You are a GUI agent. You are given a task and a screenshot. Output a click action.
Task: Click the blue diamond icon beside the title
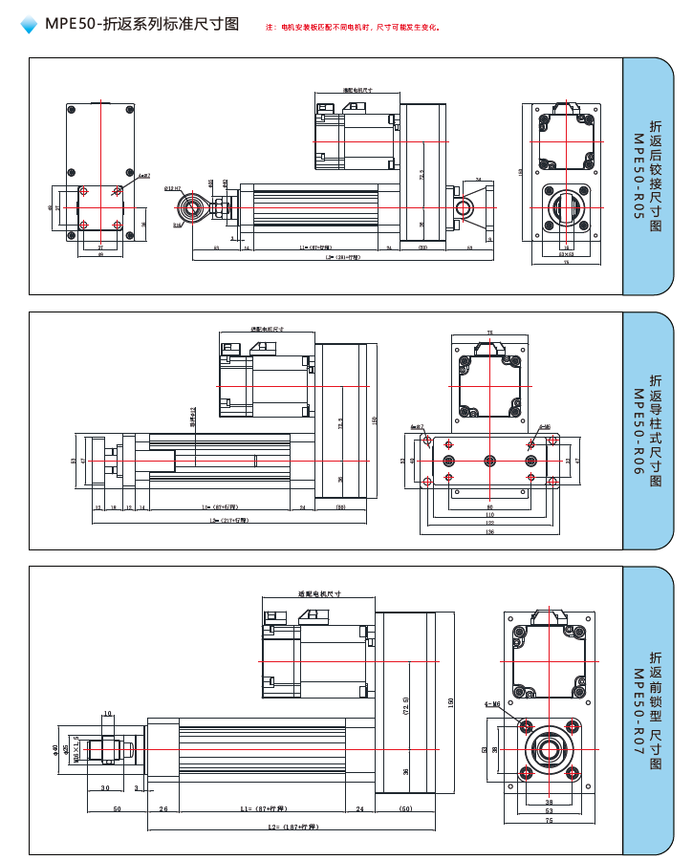pos(29,26)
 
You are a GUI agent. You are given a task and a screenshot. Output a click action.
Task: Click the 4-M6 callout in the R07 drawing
pos(493,704)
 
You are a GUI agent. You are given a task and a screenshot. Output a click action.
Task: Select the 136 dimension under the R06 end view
pos(489,532)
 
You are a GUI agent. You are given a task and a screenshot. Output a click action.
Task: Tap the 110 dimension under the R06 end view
pos(489,515)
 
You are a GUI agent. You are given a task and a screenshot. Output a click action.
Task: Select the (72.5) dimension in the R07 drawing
pos(406,709)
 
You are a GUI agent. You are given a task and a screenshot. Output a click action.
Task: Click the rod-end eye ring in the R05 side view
pos(194,207)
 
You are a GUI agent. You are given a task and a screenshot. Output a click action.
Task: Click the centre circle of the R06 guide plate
pos(489,461)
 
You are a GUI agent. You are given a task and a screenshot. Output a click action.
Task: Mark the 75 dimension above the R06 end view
pos(490,333)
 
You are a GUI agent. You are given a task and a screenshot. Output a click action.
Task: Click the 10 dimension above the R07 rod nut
pos(107,713)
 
